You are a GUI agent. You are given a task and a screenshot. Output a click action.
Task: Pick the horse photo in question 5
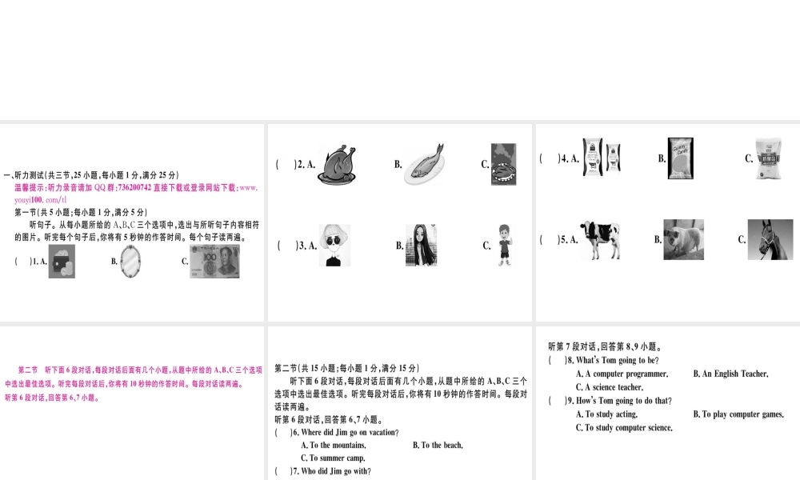point(770,239)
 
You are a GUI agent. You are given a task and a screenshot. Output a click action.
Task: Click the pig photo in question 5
point(683,239)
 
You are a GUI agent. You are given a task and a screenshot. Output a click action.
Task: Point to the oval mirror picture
point(134,262)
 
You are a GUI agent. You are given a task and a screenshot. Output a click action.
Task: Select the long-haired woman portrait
point(420,245)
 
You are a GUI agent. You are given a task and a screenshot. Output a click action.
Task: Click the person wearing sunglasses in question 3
point(335,246)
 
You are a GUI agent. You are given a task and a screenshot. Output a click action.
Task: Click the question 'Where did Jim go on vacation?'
point(345,432)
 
